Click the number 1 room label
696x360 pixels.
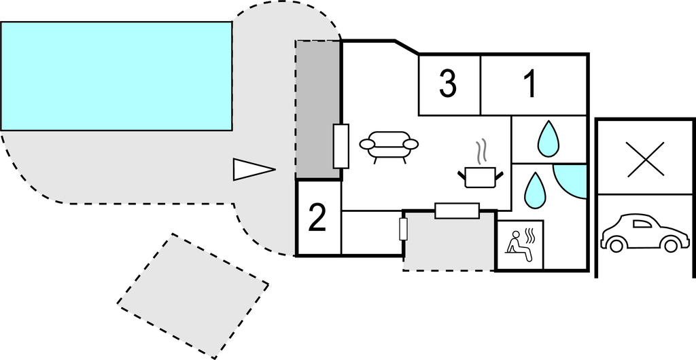point(531,85)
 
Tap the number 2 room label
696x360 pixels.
point(317,217)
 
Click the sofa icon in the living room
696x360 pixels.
point(389,146)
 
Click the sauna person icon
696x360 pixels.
point(521,243)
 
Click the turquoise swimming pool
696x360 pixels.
point(116,75)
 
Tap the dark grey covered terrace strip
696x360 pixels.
point(317,109)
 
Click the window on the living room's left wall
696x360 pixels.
point(341,146)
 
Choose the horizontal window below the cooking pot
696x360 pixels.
point(457,211)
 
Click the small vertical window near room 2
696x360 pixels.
point(403,229)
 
